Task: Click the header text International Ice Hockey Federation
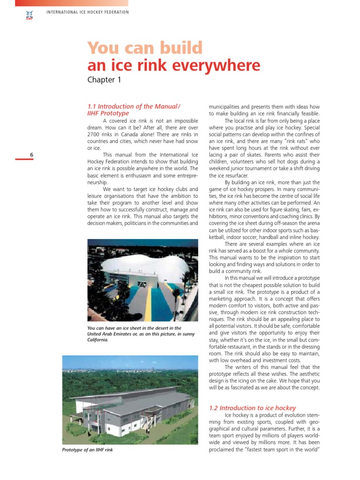[88, 12]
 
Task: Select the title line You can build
[145, 48]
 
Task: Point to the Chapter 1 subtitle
[104, 80]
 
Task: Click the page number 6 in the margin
[31, 155]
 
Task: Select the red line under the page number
[24, 159]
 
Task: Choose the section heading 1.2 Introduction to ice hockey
[252, 408]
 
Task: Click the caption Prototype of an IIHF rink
[88, 450]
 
